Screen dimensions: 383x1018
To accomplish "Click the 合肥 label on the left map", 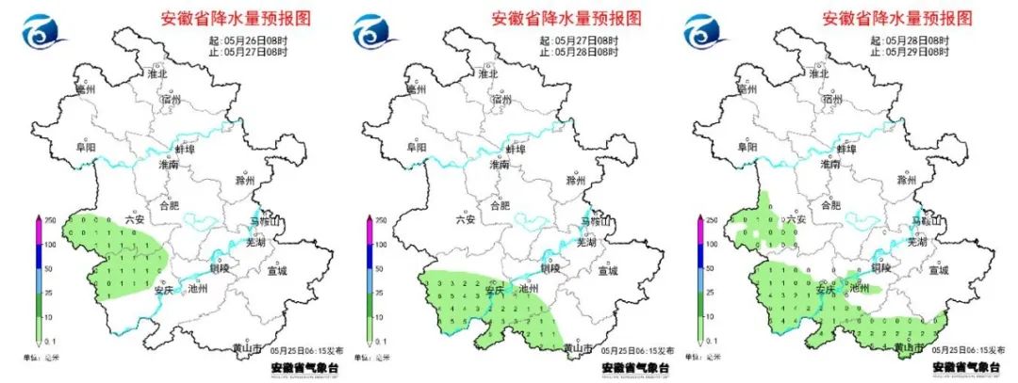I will tap(168, 204).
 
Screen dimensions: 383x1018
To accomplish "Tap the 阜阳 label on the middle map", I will tap(417, 148).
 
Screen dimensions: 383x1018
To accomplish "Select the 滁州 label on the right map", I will tap(907, 179).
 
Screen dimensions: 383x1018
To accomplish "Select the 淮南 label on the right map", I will tap(829, 164).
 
